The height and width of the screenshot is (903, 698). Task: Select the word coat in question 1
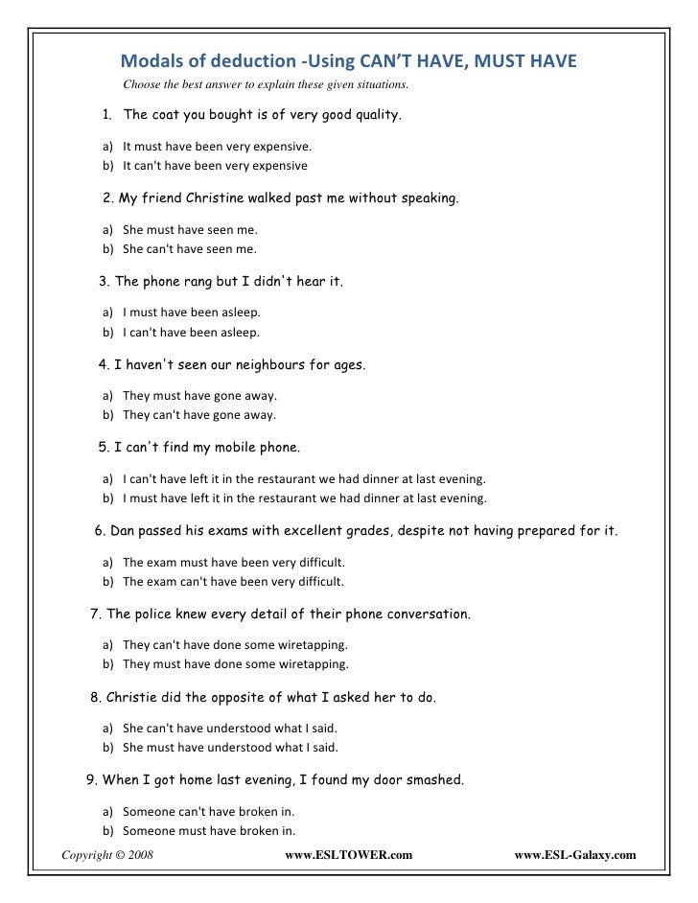[x=168, y=117]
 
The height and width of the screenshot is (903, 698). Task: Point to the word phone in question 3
[x=164, y=283]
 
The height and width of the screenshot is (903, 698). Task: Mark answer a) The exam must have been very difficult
[x=233, y=562]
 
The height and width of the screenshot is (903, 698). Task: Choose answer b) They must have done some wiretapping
[x=235, y=663]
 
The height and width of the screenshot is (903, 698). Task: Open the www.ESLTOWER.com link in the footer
[x=349, y=852]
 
